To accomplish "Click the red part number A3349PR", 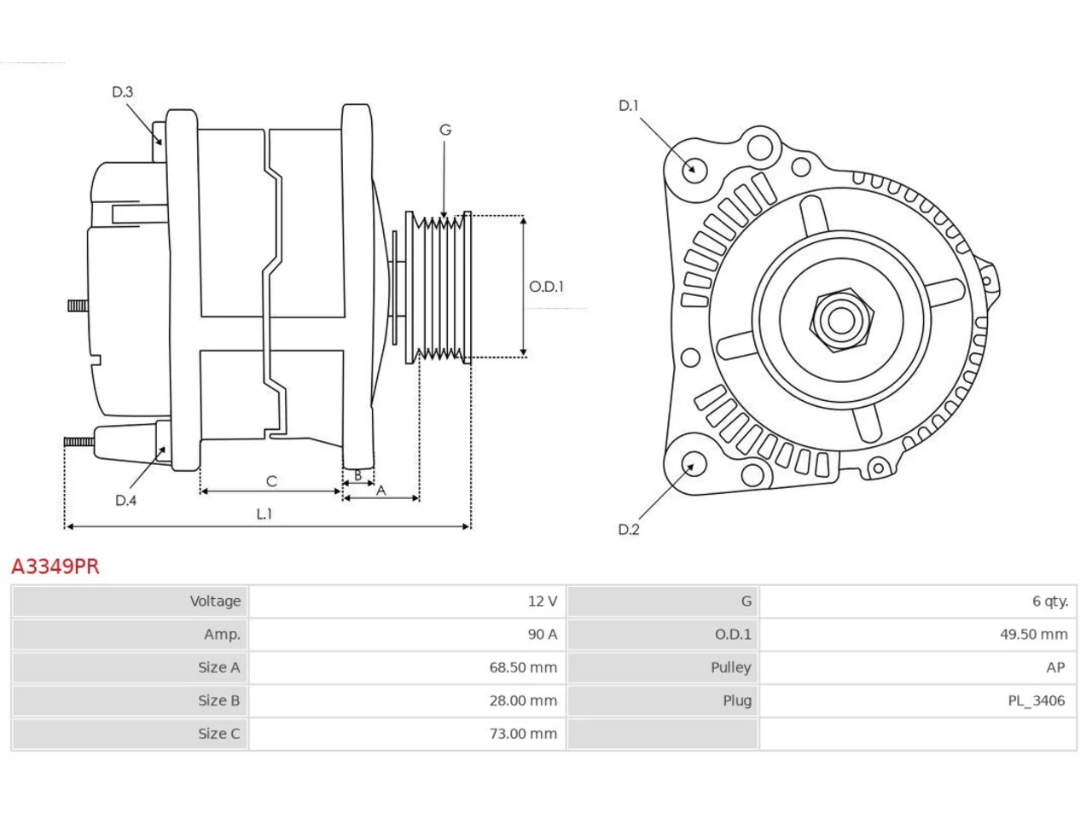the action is pyautogui.click(x=55, y=566).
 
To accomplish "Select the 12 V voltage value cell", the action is pyautogui.click(x=542, y=601).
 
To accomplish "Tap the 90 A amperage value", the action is pyautogui.click(x=542, y=635).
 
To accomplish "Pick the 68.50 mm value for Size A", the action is pyautogui.click(x=523, y=667).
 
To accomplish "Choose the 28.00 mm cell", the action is pyautogui.click(x=523, y=700).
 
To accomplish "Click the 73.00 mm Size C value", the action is pyautogui.click(x=523, y=734).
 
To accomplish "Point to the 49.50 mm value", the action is pyautogui.click(x=1033, y=635).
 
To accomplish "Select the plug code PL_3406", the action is pyautogui.click(x=1036, y=700).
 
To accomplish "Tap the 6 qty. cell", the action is pyautogui.click(x=1049, y=601).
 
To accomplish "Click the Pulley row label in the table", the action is pyautogui.click(x=730, y=667).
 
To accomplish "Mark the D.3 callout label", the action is pyautogui.click(x=122, y=92).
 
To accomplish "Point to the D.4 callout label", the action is pyautogui.click(x=125, y=500).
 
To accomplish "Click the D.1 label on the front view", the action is pyautogui.click(x=628, y=106).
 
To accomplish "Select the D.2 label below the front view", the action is pyautogui.click(x=629, y=530).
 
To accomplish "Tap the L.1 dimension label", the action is pyautogui.click(x=264, y=514).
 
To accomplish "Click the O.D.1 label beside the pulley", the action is pyautogui.click(x=546, y=287).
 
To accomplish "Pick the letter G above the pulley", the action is pyautogui.click(x=445, y=130).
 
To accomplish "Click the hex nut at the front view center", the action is pyautogui.click(x=841, y=321).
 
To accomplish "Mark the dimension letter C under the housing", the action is pyautogui.click(x=271, y=481).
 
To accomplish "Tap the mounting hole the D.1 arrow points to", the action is pyautogui.click(x=694, y=169).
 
